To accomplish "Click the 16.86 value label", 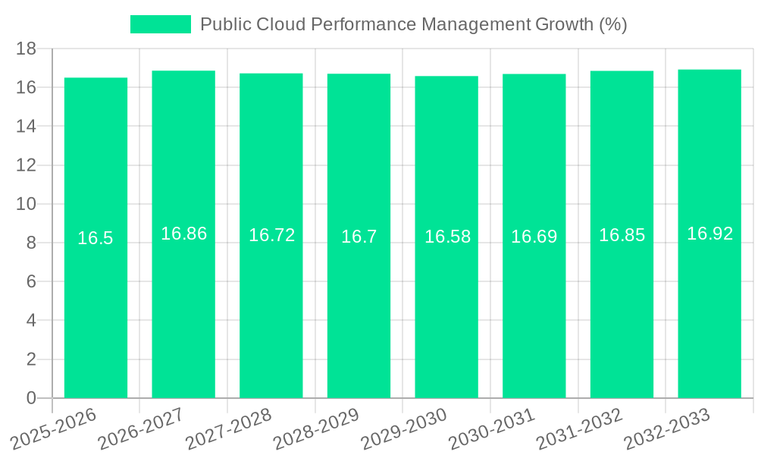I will point(183,234).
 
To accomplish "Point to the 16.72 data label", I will point(271,235).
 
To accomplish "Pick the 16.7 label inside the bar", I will point(359,237).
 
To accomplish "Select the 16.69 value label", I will point(534,237).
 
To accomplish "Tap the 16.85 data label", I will point(622,235).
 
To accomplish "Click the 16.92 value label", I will point(709,234).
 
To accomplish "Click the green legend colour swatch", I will point(161,24).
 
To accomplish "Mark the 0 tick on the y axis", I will point(31,397).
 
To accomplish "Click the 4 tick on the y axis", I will point(31,320).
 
